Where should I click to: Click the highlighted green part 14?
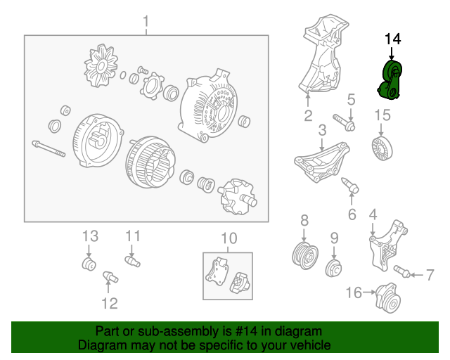click(x=390, y=80)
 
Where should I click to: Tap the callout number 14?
click(x=392, y=39)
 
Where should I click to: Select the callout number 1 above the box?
click(x=146, y=22)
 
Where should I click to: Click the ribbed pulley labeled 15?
click(x=382, y=148)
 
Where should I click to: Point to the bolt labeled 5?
click(x=344, y=122)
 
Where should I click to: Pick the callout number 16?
click(x=354, y=292)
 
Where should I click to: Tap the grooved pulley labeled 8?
click(x=304, y=255)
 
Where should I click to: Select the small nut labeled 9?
click(x=334, y=268)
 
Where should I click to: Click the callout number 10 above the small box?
click(x=229, y=238)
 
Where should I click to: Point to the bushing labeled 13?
click(x=89, y=264)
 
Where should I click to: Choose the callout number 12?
click(x=110, y=304)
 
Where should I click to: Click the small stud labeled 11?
click(x=133, y=262)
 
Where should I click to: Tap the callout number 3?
click(x=322, y=130)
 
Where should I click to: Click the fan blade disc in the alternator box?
click(x=101, y=65)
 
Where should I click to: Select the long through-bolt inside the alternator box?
click(x=49, y=148)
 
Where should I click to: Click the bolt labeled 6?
click(x=350, y=185)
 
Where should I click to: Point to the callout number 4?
click(x=373, y=214)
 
